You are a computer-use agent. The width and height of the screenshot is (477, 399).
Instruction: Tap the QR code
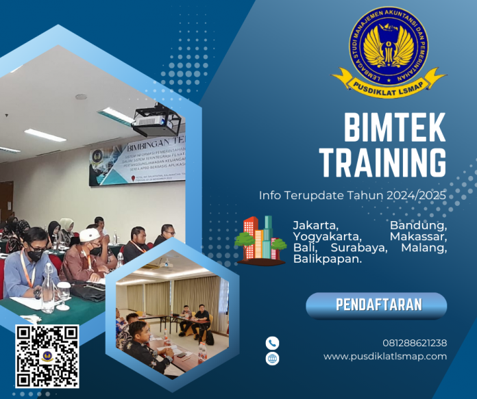[x=47, y=357]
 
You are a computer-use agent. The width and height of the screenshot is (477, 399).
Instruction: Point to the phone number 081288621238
[x=415, y=343]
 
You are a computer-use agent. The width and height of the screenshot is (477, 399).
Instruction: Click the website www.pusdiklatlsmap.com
[x=385, y=357]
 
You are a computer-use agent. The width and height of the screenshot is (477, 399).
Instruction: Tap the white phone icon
[x=273, y=343]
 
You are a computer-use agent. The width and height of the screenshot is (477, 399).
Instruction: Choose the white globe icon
[x=273, y=358]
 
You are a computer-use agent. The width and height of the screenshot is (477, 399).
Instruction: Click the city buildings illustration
[x=260, y=240]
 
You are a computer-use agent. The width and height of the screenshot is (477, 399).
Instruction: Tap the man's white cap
[x=90, y=235]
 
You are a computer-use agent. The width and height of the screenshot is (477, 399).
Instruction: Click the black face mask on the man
[x=36, y=255]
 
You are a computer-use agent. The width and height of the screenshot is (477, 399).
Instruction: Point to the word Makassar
[x=418, y=236]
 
